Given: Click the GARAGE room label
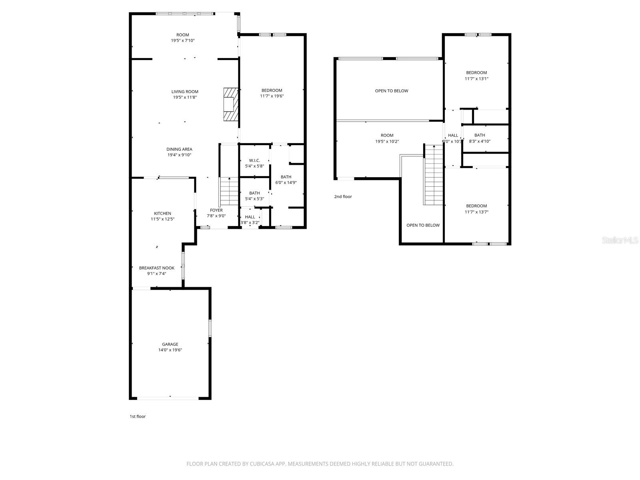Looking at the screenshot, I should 170,344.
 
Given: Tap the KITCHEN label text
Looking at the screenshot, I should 162,213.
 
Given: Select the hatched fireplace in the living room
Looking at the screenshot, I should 230,104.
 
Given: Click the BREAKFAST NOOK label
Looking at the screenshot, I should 156,268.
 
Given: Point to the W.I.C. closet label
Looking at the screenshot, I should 254,160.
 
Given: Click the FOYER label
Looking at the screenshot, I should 216,210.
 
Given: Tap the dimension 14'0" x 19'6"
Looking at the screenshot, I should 170,350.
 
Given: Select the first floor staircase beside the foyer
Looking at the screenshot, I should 229,192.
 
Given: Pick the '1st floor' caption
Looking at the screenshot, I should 138,416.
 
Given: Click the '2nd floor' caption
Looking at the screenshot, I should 343,196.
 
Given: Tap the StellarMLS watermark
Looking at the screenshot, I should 620,240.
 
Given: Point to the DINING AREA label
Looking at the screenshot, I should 179,149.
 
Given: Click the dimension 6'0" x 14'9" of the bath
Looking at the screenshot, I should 286,183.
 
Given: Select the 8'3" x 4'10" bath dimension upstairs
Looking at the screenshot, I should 480,141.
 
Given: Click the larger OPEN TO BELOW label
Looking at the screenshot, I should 391,91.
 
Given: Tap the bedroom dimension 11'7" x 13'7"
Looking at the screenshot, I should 476,212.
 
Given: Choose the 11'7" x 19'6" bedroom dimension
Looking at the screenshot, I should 272,96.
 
